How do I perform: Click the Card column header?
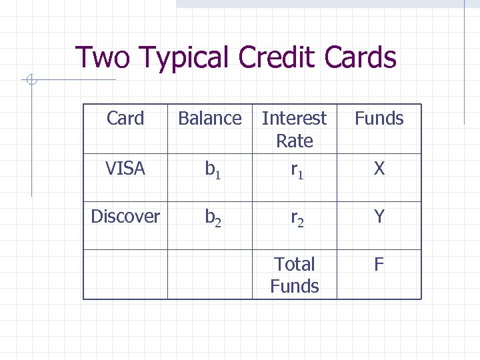(125, 119)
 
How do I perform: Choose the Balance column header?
(210, 119)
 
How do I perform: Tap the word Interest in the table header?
(295, 119)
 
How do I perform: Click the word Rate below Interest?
(295, 141)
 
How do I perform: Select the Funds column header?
(379, 119)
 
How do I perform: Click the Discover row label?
(125, 217)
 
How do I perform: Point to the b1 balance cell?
(213, 171)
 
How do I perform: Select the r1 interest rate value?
(297, 171)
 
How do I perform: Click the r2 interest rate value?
(297, 218)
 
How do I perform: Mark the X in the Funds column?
(379, 169)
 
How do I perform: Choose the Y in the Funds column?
(379, 217)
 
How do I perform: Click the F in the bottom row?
(379, 265)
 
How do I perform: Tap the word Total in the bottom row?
(295, 264)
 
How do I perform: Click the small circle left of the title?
(30, 81)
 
